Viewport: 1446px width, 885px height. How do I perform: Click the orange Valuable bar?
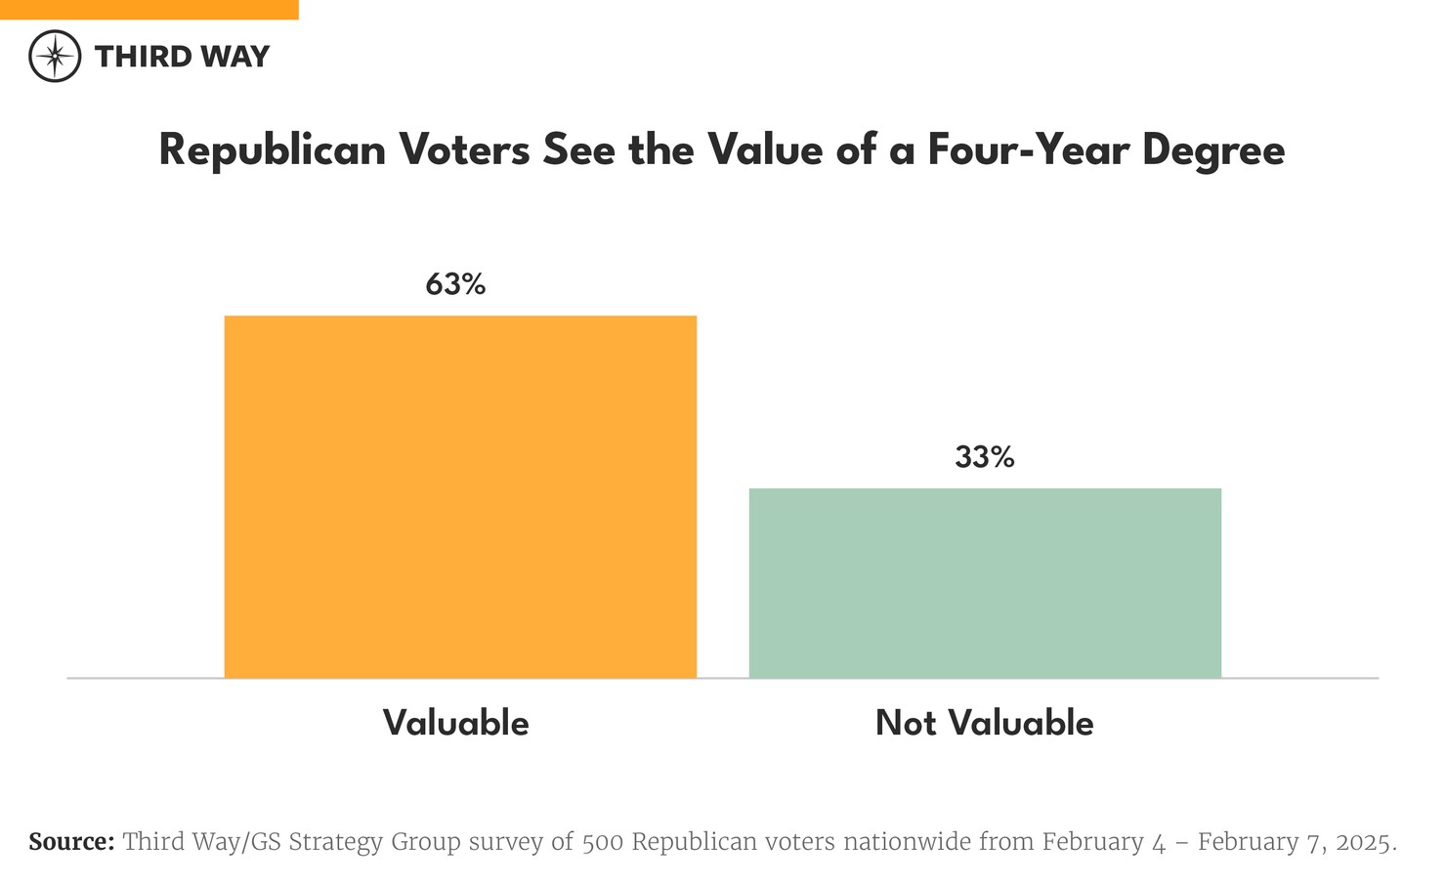coord(460,496)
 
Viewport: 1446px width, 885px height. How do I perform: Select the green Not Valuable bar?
coord(985,582)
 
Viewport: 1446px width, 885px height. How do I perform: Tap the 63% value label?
coord(455,284)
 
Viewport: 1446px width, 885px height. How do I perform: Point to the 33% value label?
coord(985,457)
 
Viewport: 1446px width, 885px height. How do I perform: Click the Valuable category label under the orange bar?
coord(455,723)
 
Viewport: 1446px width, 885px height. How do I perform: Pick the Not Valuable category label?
coord(985,723)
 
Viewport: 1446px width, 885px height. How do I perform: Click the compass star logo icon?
coord(55,56)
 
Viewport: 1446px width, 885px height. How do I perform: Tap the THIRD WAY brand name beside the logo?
coord(182,57)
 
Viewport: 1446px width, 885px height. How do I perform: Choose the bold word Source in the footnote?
coord(71,842)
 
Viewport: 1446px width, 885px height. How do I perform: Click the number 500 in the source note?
coord(603,842)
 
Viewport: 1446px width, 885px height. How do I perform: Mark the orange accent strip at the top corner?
coord(149,9)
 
